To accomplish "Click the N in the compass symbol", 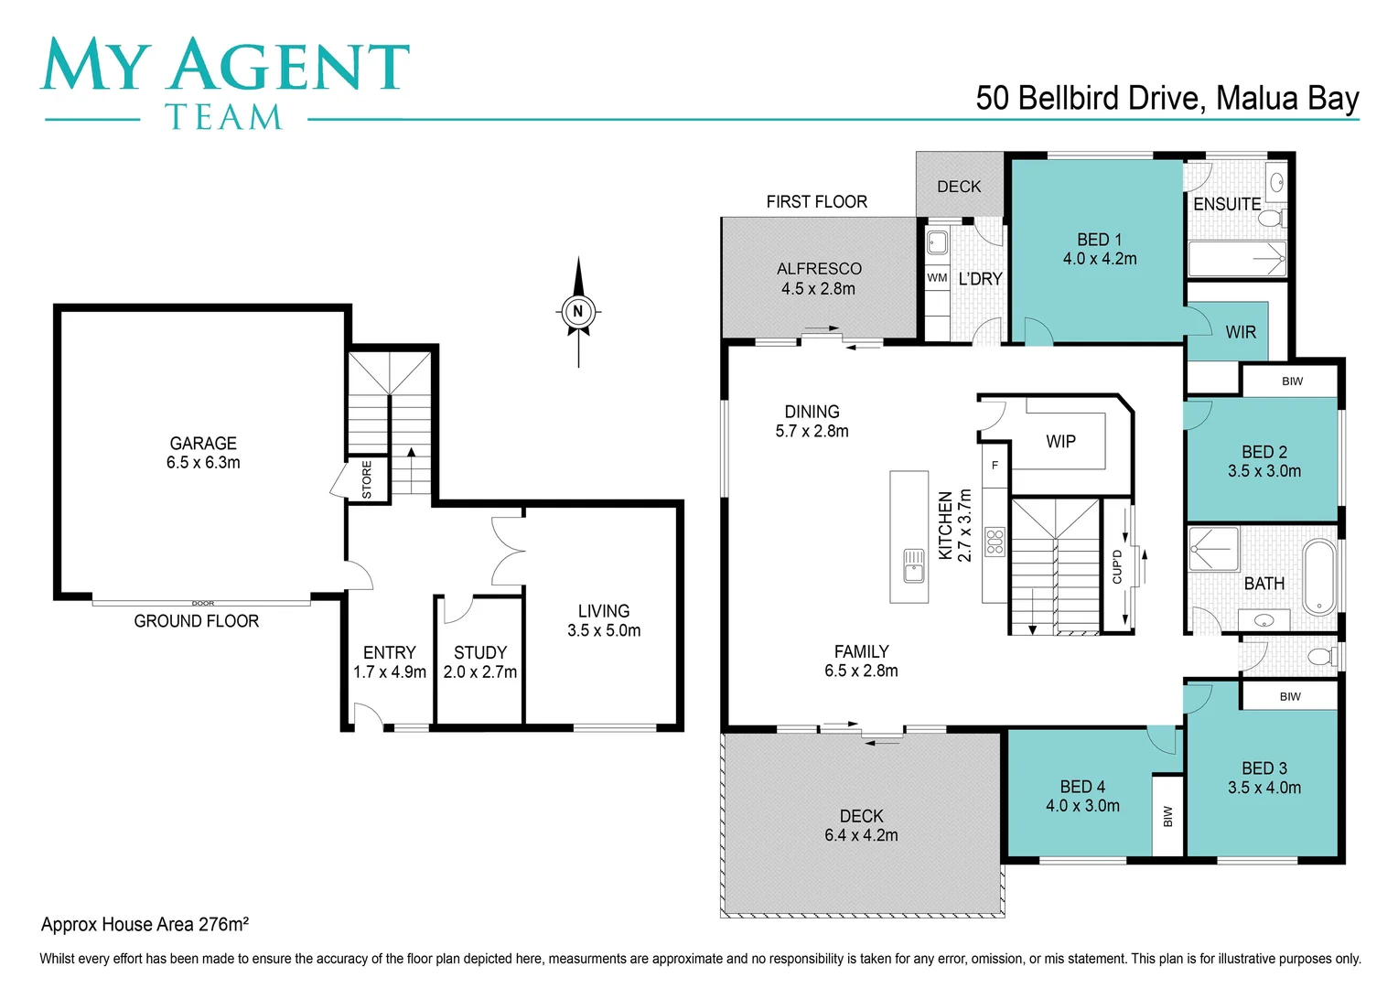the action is pyautogui.click(x=578, y=311).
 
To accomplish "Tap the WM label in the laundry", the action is pyautogui.click(x=937, y=278).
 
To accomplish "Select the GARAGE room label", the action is pyautogui.click(x=203, y=443).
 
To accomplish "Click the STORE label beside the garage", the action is pyautogui.click(x=367, y=479).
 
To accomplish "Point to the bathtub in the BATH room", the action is pyautogui.click(x=1318, y=577).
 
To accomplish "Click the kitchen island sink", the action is pyautogui.click(x=914, y=565).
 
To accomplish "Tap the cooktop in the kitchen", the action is pyautogui.click(x=995, y=542).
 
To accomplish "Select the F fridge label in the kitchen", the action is pyautogui.click(x=995, y=465).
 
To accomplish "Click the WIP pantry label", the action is pyautogui.click(x=1061, y=441).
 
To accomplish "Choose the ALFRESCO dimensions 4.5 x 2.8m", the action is pyautogui.click(x=818, y=288).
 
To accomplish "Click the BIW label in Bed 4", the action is pyautogui.click(x=1167, y=816).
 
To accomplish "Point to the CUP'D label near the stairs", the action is pyautogui.click(x=1117, y=566).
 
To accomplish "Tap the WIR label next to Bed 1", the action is pyautogui.click(x=1241, y=332).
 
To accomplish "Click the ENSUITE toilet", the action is pyautogui.click(x=1270, y=218).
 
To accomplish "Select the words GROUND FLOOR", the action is pyautogui.click(x=197, y=621).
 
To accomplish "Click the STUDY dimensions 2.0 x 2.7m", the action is pyautogui.click(x=480, y=671).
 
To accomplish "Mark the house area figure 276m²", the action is pyautogui.click(x=223, y=924).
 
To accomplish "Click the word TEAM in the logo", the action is pyautogui.click(x=223, y=117).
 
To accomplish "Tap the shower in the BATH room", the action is pyautogui.click(x=1214, y=550).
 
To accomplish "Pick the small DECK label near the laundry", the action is pyautogui.click(x=959, y=187).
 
